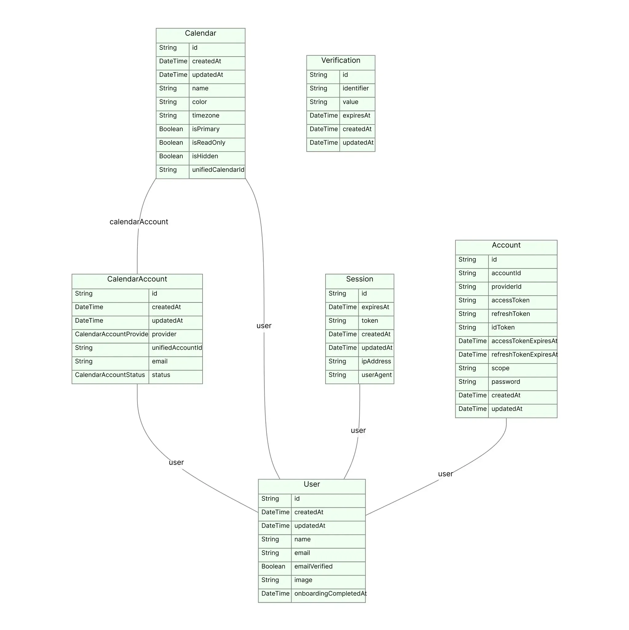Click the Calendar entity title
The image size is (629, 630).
[200, 33]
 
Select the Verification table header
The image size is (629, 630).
[341, 60]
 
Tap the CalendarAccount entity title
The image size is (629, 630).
[137, 279]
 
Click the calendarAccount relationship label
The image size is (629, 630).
[139, 222]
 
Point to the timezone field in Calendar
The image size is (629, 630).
[206, 116]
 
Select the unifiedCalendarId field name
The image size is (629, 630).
[218, 170]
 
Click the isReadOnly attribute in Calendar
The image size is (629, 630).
[208, 143]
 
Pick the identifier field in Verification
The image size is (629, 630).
[356, 89]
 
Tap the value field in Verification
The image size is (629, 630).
[350, 102]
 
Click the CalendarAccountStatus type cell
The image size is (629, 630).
[110, 375]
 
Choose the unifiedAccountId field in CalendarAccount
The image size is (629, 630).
[177, 348]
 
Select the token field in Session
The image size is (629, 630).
[370, 321]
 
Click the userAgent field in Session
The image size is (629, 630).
[377, 375]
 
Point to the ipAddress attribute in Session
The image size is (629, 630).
[376, 362]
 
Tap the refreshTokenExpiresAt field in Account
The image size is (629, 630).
[524, 355]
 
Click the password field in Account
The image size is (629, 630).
[506, 382]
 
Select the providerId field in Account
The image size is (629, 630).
[506, 287]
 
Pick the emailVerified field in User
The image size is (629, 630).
[313, 567]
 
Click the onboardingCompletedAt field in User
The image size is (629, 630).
[330, 594]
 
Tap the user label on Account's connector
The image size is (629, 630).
[445, 474]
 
